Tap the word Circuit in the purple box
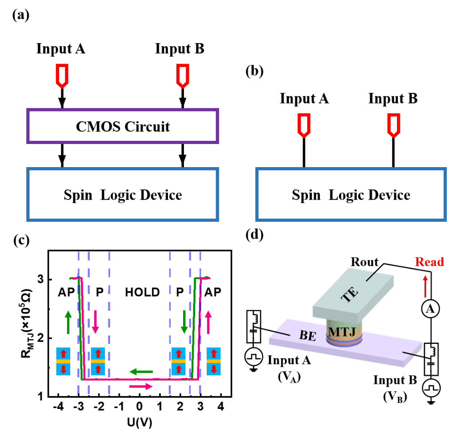click(x=147, y=127)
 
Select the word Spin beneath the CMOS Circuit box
click(x=78, y=195)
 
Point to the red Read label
click(x=429, y=262)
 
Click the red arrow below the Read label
click(x=425, y=286)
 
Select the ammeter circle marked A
click(x=430, y=308)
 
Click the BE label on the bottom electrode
click(x=308, y=336)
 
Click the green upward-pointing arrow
click(x=68, y=322)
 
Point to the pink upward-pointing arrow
click(x=208, y=322)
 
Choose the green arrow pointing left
click(x=141, y=372)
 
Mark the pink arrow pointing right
click(x=141, y=387)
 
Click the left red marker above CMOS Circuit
click(x=62, y=76)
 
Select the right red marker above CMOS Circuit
click(x=183, y=76)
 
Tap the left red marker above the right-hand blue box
click(x=304, y=125)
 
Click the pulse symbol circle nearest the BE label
click(x=254, y=357)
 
